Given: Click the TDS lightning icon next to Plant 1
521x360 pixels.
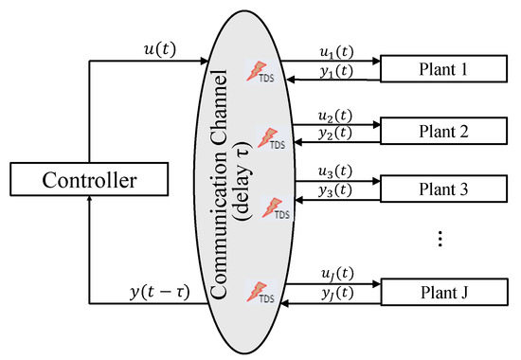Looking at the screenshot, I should [260, 72].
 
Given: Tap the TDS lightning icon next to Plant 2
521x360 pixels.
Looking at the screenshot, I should [271, 137].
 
